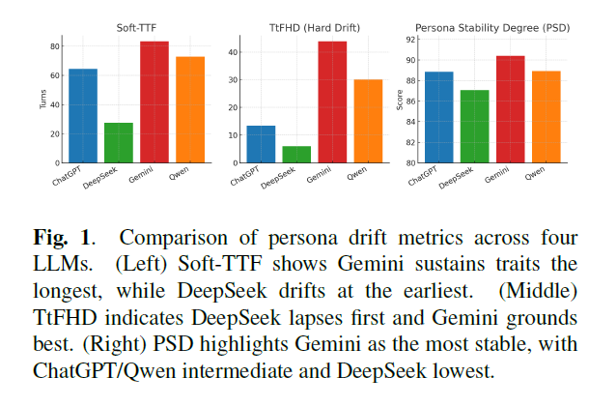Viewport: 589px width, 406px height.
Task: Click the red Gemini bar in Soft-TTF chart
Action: point(154,101)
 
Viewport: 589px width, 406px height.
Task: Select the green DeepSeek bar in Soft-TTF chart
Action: point(119,143)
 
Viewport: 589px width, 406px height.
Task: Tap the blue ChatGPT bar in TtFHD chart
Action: point(261,144)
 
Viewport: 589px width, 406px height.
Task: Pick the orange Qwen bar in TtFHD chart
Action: point(368,121)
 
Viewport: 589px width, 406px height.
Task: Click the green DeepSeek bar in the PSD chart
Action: point(475,127)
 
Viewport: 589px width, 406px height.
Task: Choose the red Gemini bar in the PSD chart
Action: point(511,109)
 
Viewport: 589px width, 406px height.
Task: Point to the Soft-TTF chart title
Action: point(136,28)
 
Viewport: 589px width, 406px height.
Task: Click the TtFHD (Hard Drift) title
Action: point(315,28)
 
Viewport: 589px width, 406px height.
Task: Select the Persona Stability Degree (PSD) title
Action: point(492,28)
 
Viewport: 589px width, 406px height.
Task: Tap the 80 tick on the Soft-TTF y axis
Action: point(55,46)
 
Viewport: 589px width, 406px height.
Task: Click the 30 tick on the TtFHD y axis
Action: point(233,80)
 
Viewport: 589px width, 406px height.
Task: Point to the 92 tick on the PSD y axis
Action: point(411,40)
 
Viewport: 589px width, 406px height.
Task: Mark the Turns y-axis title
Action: point(43,100)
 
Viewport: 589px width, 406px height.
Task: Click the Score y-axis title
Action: point(400,100)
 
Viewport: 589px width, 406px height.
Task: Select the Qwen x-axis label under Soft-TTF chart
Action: point(179,173)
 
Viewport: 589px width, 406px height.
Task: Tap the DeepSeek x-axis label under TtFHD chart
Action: point(278,178)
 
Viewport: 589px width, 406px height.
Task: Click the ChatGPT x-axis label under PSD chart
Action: point(423,176)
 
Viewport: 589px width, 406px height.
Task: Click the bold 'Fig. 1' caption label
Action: point(62,238)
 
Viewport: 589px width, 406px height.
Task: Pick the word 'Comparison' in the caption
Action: point(174,239)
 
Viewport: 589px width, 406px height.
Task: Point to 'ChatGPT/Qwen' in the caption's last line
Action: point(104,371)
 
